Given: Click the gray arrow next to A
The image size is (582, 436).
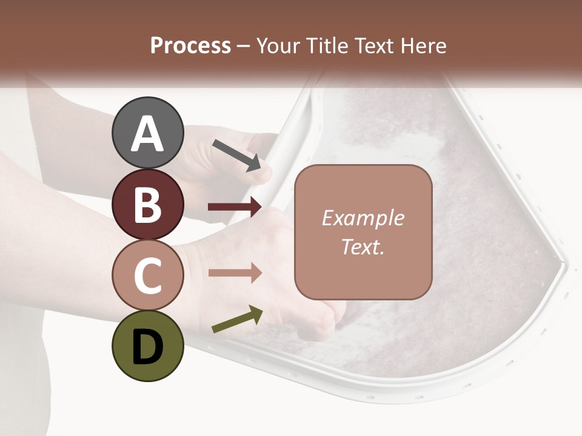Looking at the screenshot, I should click(x=236, y=155).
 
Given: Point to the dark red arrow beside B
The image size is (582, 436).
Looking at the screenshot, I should click(x=235, y=207).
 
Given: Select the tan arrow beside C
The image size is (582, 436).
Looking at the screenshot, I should click(x=235, y=273).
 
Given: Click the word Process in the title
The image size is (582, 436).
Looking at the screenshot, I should click(x=190, y=46).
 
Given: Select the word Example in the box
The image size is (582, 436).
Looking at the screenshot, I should click(x=363, y=218).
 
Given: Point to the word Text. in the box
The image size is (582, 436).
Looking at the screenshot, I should click(x=363, y=247).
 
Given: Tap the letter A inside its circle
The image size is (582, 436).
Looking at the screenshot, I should click(x=147, y=134).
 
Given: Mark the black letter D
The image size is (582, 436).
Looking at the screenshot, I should click(x=147, y=347).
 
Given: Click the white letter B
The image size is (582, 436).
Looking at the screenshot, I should click(x=147, y=205).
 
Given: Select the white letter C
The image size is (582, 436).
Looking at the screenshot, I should click(x=147, y=276).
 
